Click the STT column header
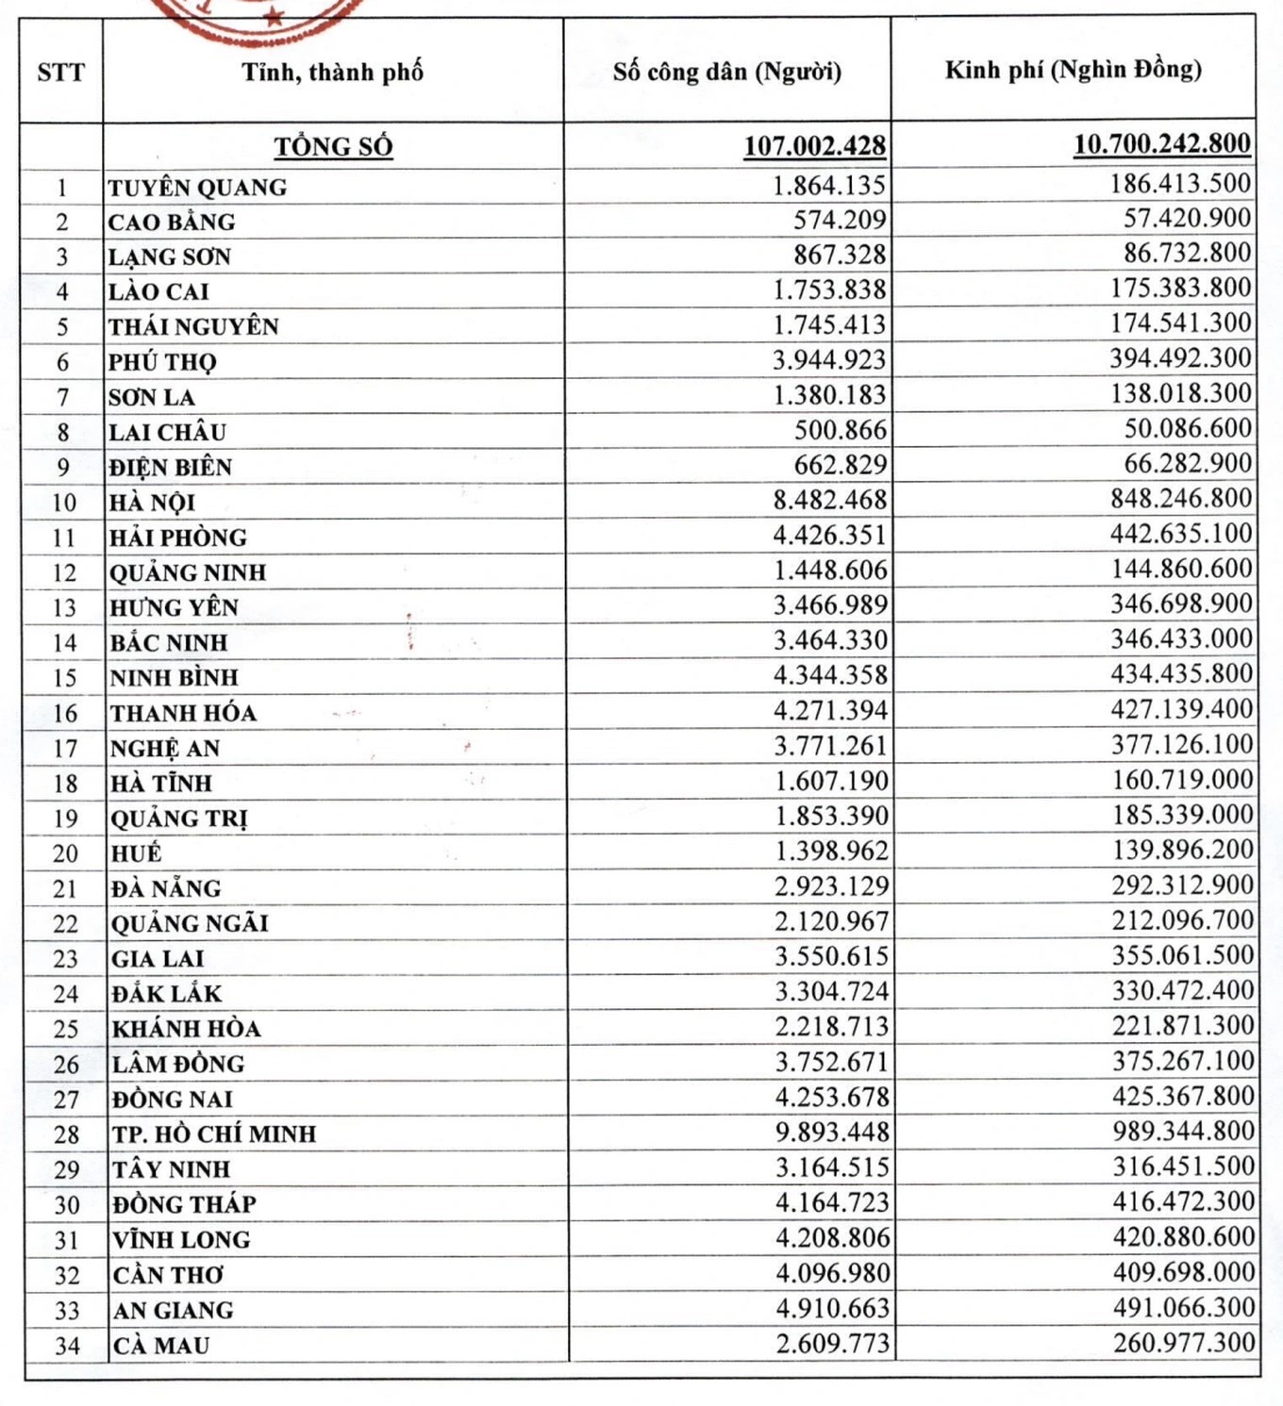[x=60, y=73]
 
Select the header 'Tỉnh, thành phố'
[x=332, y=73]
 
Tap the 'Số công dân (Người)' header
[x=726, y=72]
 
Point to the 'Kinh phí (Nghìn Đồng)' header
[x=1073, y=70]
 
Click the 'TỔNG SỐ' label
[x=333, y=147]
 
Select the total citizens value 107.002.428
[x=814, y=146]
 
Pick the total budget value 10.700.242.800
[x=1161, y=144]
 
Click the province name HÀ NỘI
[x=152, y=502]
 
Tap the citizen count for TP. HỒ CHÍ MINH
[x=831, y=1133]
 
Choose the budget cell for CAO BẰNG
[x=1187, y=219]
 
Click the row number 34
[x=66, y=1346]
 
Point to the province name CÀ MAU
[x=160, y=1345]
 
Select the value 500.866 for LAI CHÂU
[x=840, y=430]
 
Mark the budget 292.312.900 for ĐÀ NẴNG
[x=1182, y=885]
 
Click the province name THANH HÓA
[x=183, y=713]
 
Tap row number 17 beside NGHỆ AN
[x=64, y=749]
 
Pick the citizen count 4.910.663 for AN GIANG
[x=832, y=1308]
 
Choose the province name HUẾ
[x=136, y=853]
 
